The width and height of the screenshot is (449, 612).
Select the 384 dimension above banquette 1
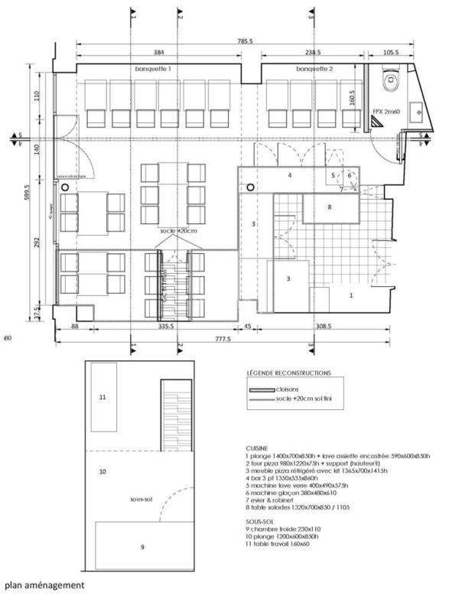click(x=159, y=54)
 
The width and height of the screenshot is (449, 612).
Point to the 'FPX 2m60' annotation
click(x=386, y=112)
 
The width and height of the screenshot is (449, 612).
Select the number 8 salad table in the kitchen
click(x=329, y=207)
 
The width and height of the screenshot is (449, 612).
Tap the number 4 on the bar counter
click(x=289, y=175)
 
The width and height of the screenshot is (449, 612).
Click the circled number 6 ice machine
click(x=350, y=175)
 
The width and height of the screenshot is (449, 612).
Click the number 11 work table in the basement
click(x=103, y=397)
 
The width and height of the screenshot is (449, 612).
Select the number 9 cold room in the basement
click(x=142, y=546)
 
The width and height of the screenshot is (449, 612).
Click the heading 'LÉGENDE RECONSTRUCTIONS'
click(x=289, y=373)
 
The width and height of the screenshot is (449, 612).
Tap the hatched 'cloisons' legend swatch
click(x=262, y=389)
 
